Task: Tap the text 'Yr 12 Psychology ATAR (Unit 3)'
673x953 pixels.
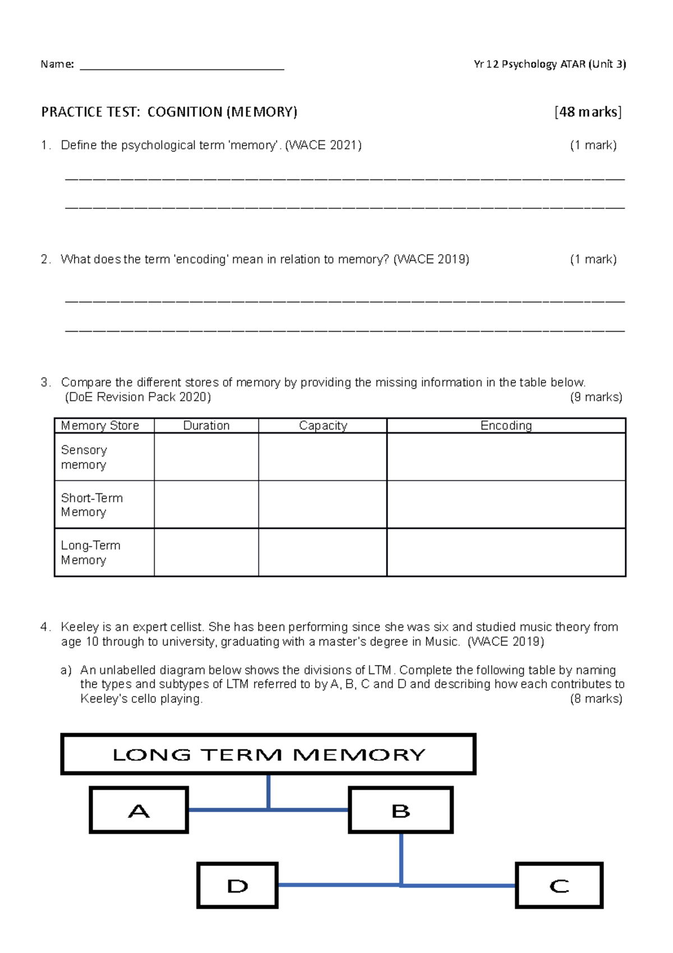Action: click(549, 64)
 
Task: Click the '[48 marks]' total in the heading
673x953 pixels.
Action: click(588, 112)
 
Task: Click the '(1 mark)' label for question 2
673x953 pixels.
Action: click(593, 259)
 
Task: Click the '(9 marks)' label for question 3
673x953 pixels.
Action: click(596, 397)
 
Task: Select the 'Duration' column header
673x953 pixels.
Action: click(206, 425)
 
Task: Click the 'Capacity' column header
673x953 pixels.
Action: click(322, 425)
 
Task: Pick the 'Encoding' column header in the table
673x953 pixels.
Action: click(506, 425)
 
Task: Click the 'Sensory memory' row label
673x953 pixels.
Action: click(84, 457)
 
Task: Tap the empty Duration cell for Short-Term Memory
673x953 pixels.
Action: click(206, 504)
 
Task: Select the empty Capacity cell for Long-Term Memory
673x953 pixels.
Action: click(322, 552)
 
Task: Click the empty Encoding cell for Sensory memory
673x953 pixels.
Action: click(506, 457)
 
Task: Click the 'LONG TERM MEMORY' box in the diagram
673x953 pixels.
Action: click(269, 754)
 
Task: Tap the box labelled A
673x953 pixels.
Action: click(139, 810)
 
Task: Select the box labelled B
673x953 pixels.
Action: click(400, 810)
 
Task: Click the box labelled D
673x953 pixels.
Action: click(237, 886)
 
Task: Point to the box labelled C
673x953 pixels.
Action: click(559, 886)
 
